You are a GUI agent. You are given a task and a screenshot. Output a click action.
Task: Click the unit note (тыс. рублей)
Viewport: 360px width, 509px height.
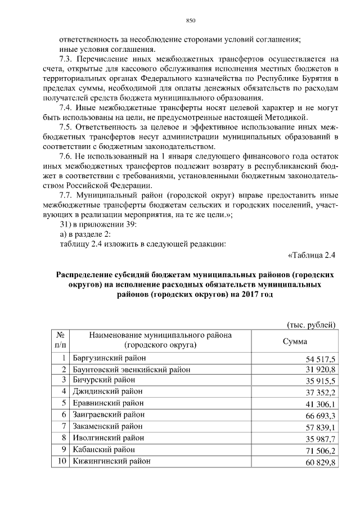[311, 325]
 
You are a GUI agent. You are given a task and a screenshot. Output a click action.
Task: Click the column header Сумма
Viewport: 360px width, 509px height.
[295, 341]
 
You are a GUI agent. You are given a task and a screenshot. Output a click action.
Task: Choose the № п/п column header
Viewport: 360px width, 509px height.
[61, 340]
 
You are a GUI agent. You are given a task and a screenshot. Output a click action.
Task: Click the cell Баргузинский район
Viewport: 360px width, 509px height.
[109, 358]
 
